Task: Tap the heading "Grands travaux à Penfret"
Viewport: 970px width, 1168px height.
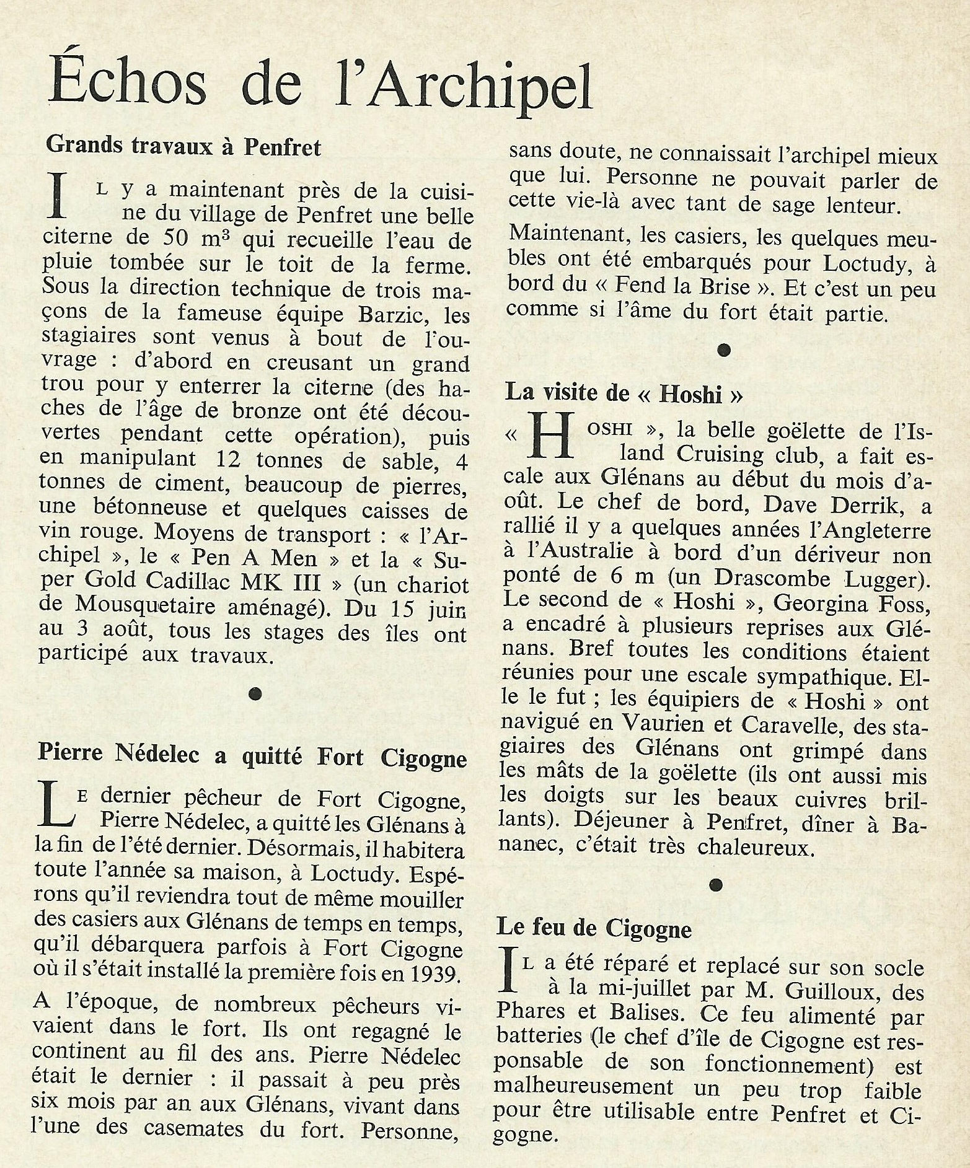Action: [184, 147]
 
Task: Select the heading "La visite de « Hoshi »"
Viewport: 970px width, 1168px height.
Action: [624, 393]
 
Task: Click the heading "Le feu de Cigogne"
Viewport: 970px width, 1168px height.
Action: [594, 928]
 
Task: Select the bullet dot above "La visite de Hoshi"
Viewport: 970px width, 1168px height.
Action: [721, 351]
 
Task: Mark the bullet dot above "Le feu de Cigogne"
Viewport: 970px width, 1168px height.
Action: [717, 885]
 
